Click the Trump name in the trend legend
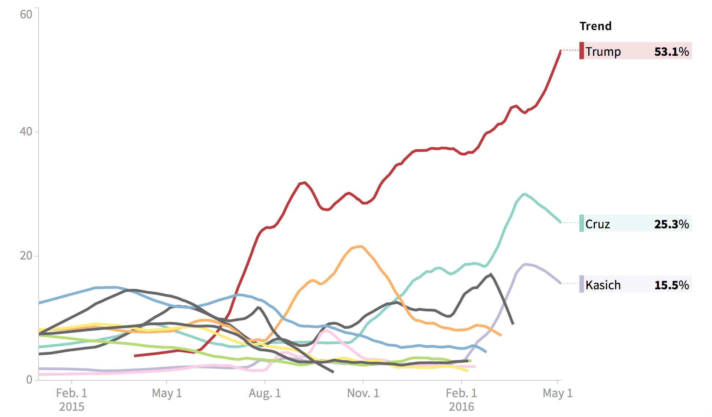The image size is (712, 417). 603,51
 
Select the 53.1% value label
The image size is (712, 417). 671,51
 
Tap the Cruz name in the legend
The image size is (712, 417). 597,224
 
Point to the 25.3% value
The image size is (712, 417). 671,224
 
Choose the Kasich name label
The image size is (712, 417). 603,285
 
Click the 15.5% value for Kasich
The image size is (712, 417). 671,285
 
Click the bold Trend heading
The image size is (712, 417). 596,26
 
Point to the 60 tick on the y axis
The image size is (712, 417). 26,14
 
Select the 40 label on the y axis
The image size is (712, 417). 26,131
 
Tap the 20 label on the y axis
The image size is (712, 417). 26,255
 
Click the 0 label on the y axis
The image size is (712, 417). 29,380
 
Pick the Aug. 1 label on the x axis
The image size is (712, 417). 265,393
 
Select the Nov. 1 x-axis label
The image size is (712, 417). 363,393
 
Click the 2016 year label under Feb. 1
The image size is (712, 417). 461,407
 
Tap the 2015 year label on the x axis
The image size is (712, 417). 72,407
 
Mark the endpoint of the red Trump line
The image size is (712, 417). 560,51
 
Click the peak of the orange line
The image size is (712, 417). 362,246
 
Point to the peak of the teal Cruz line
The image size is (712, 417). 525,194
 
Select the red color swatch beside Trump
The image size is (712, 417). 581,51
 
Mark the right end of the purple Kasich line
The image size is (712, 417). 560,283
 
